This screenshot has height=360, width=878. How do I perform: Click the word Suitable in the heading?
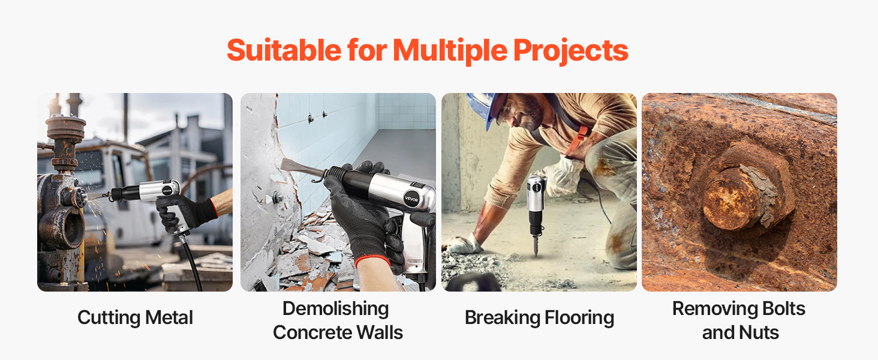284,50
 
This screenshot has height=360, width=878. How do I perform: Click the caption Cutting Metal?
135,318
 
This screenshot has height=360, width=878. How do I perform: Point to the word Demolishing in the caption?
335,309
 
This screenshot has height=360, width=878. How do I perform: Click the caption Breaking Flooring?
539,318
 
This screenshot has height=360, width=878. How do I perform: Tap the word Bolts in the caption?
783,308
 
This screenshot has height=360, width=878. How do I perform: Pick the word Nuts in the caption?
760,332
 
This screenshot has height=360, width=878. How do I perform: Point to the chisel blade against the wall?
302,169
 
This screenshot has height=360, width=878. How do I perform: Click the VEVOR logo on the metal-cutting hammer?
167,191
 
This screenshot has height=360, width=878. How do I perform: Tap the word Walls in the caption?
380,332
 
